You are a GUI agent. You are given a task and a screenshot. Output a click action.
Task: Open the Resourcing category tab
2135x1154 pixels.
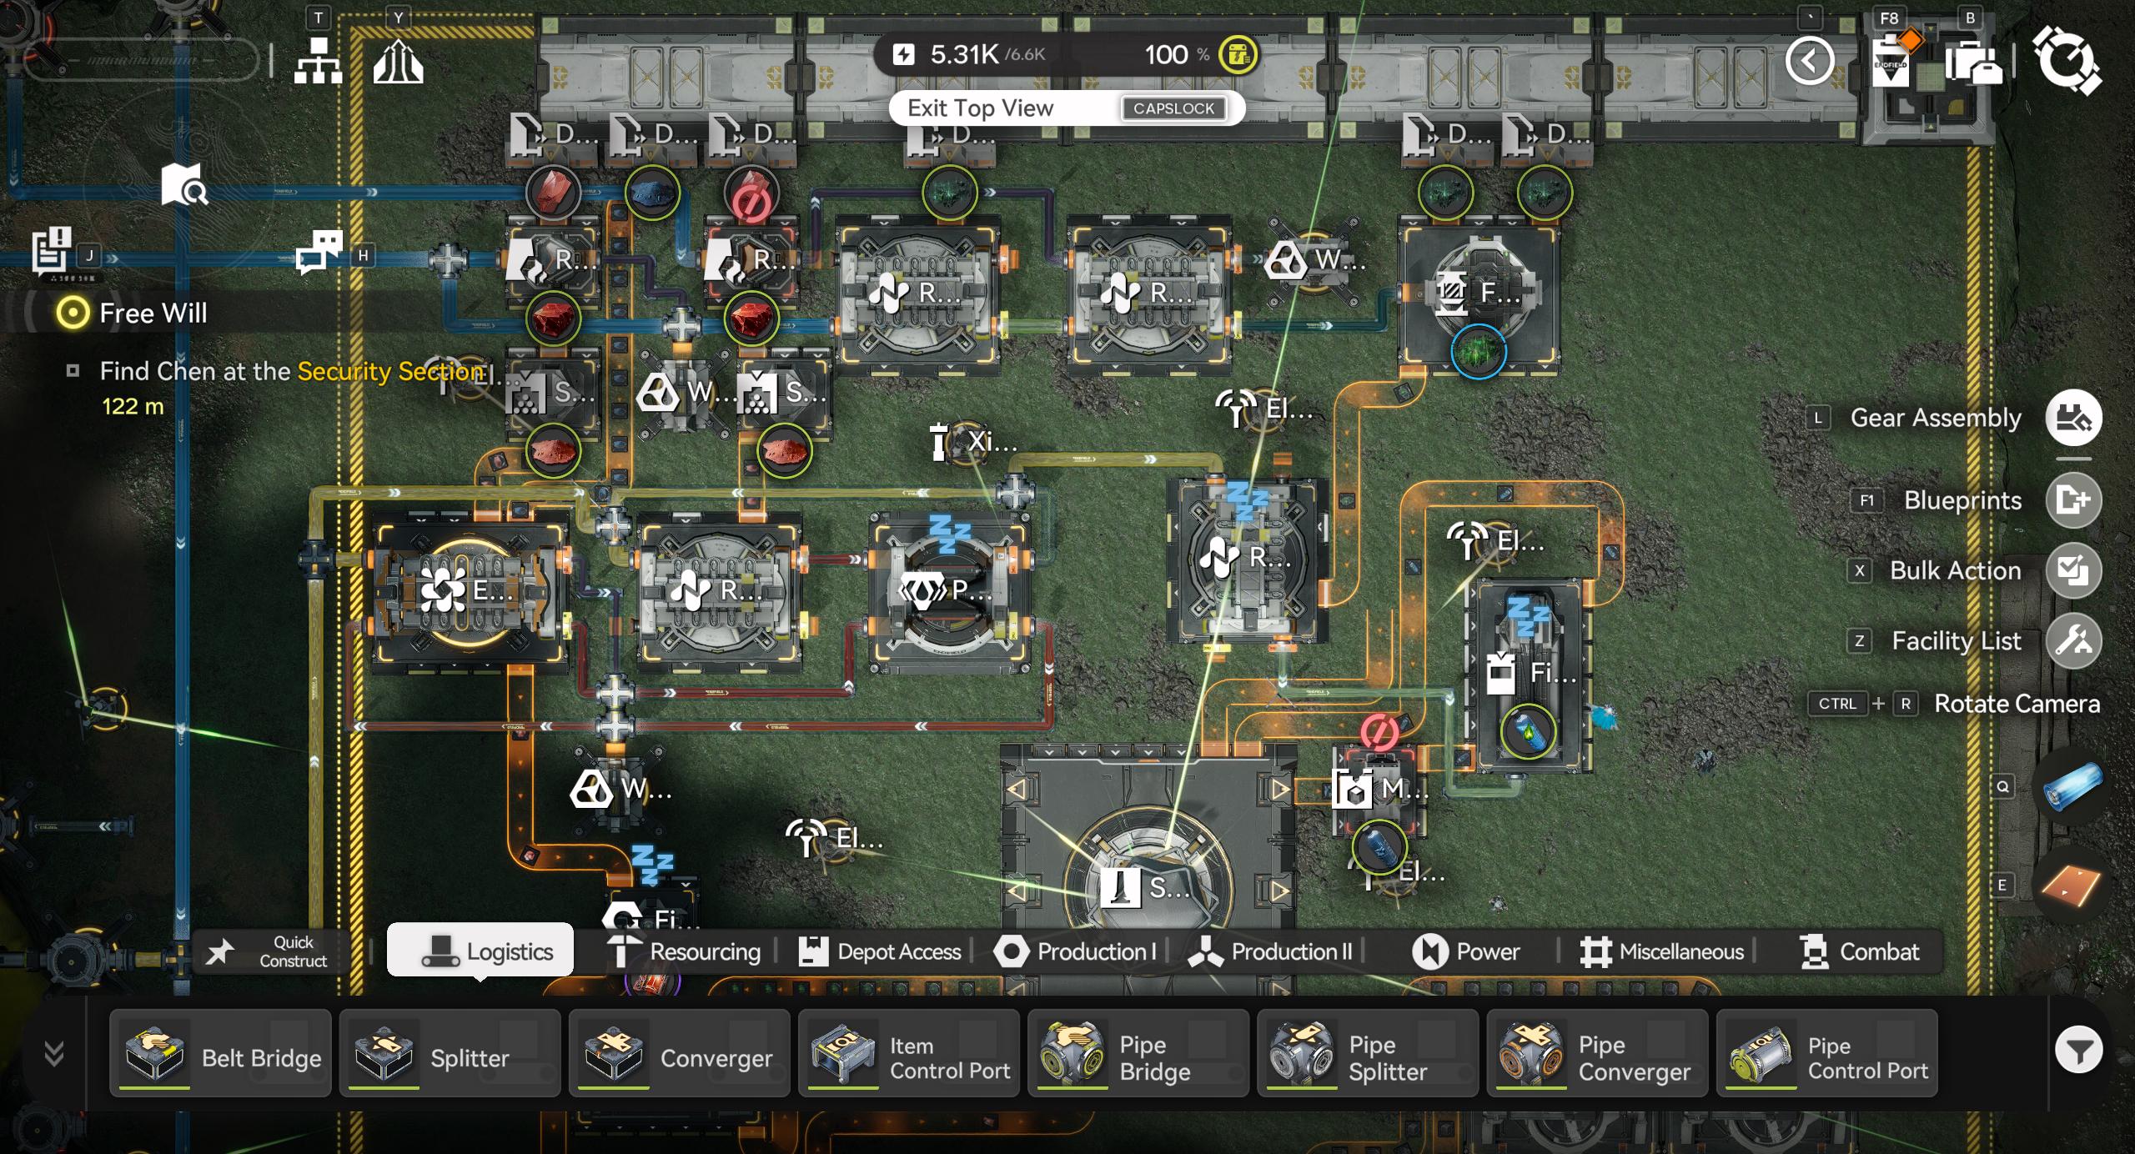coord(684,951)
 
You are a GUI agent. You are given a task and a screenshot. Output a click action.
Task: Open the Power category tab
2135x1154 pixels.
coord(1466,951)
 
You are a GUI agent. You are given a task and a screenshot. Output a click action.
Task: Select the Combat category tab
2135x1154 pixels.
coord(1859,951)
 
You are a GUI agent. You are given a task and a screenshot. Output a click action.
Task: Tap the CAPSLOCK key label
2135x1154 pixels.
coord(1173,108)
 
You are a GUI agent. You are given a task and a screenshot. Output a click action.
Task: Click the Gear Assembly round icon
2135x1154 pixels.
coord(2073,417)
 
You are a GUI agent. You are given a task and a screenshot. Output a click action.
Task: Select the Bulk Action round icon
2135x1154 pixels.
coord(2073,570)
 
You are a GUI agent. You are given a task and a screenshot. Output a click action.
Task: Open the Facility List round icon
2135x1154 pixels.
coord(2073,640)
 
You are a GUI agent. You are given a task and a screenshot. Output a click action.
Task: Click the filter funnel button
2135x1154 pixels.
coord(2078,1051)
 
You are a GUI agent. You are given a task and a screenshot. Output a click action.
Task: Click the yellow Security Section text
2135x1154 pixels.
coord(390,371)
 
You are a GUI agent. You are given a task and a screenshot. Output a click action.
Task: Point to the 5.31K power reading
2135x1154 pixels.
coord(964,55)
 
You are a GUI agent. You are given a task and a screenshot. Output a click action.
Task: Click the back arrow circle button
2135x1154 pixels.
coord(1809,60)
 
